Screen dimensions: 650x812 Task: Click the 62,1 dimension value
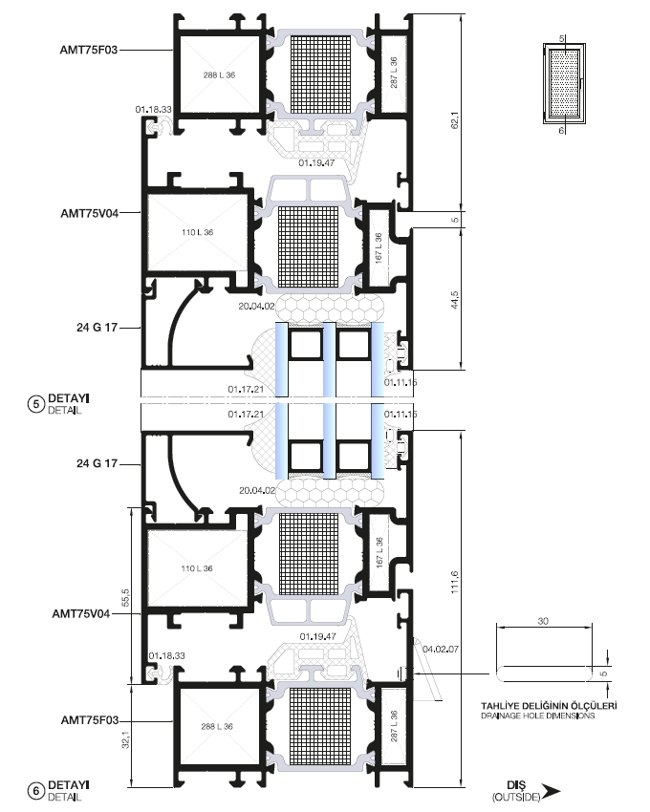pyautogui.click(x=455, y=119)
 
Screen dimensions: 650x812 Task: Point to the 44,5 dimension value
pyautogui.click(x=455, y=300)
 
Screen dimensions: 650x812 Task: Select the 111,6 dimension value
pyautogui.click(x=455, y=582)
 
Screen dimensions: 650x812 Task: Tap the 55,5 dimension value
pyautogui.click(x=125, y=597)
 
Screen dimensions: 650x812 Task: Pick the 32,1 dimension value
pyautogui.click(x=125, y=739)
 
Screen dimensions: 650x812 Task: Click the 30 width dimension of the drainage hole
pyautogui.click(x=543, y=621)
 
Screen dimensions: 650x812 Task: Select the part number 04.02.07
pyautogui.click(x=441, y=649)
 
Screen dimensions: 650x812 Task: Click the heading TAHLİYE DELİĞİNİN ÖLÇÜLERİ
pyautogui.click(x=549, y=706)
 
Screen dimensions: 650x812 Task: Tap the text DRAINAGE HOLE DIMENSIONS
pyautogui.click(x=537, y=716)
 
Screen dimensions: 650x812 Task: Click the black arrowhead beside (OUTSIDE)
pyautogui.click(x=552, y=791)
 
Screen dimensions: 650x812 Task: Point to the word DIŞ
pyautogui.click(x=516, y=785)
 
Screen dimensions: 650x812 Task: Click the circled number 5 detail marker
pyautogui.click(x=35, y=404)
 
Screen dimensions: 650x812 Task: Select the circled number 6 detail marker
pyautogui.click(x=35, y=791)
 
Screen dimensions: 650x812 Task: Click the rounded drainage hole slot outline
pyautogui.click(x=544, y=673)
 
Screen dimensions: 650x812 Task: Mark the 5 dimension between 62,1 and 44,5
pyautogui.click(x=455, y=220)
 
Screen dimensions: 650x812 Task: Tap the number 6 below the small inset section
pyautogui.click(x=561, y=131)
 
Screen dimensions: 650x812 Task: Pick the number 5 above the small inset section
pyautogui.click(x=562, y=39)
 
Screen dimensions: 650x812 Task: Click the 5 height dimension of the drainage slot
pyautogui.click(x=603, y=673)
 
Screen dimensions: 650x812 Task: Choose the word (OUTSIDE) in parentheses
pyautogui.click(x=516, y=798)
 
